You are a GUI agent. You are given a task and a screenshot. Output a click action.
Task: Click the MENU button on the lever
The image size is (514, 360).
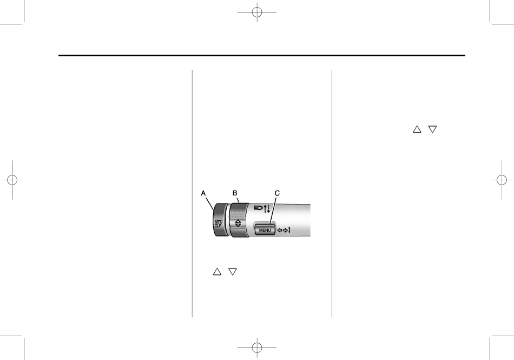tap(265, 230)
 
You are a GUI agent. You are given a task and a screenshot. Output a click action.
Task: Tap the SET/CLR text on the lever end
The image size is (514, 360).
tap(218, 224)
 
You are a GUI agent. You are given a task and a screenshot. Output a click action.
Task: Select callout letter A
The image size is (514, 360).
tap(203, 193)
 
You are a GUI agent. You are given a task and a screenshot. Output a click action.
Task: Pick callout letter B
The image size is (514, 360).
tap(235, 193)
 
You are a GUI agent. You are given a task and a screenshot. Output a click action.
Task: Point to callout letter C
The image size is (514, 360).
tap(277, 193)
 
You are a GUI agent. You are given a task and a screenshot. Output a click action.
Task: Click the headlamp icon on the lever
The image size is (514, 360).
tap(258, 207)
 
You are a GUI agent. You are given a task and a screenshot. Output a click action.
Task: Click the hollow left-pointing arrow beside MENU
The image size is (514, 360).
tap(280, 230)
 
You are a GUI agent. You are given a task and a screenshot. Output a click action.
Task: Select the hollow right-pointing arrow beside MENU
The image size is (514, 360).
tap(285, 230)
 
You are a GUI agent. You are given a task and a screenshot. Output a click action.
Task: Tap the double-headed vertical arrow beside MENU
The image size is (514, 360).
tap(289, 230)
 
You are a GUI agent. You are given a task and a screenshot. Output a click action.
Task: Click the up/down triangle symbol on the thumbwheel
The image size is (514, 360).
tap(238, 223)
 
